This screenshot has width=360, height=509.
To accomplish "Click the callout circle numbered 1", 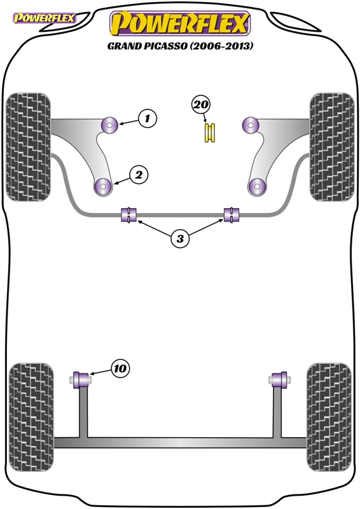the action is [148, 118].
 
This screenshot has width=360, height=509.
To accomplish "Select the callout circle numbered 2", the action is [139, 175].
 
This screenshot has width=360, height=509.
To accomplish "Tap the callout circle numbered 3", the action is [180, 239].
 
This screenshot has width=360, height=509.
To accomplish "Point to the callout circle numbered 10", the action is [120, 368].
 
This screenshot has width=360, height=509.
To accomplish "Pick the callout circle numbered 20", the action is [201, 105].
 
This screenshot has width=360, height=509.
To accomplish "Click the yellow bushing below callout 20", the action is [210, 133].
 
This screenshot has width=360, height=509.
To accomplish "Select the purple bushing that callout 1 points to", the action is [109, 125].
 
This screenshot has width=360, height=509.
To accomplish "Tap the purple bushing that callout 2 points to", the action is [103, 187].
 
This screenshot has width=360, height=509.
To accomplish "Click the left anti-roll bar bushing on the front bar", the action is [128, 214].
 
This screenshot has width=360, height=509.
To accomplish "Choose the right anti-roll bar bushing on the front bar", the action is [232, 214].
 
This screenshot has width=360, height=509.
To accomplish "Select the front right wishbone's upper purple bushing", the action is [250, 125].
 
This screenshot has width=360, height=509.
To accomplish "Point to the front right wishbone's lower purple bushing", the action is [257, 186].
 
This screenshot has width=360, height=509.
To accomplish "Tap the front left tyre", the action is [29, 147].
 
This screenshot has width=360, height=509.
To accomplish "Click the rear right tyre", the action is [329, 417].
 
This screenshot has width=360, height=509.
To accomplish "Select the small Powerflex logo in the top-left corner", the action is [44, 18].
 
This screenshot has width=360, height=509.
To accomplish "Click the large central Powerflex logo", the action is [180, 24].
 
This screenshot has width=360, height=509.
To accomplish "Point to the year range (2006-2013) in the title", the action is [221, 46].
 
